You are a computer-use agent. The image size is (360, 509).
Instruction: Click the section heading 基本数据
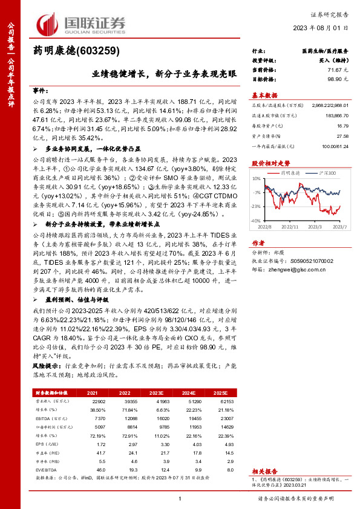point(264,95)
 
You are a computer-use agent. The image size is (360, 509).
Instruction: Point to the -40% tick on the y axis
point(257,221)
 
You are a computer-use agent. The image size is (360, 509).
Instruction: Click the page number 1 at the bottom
point(180,498)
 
